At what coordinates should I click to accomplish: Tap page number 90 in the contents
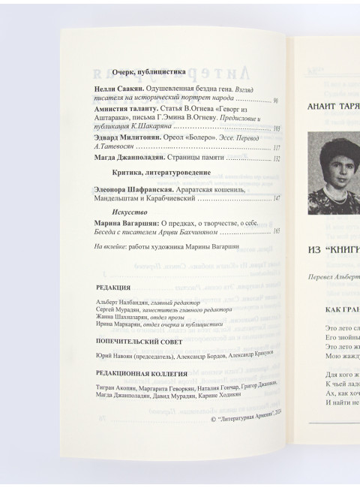[x=276, y=99]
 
